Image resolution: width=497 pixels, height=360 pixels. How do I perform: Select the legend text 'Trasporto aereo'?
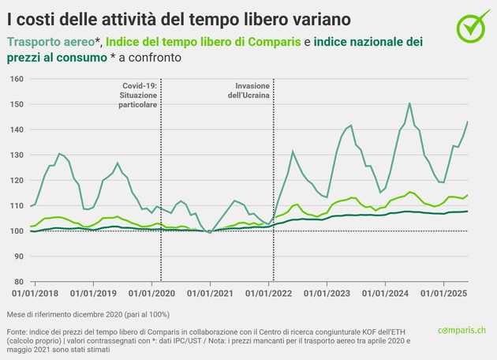(x=51, y=41)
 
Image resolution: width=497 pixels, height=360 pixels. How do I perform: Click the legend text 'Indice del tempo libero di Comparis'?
(x=203, y=41)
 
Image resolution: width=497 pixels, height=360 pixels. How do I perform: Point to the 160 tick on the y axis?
(x=17, y=79)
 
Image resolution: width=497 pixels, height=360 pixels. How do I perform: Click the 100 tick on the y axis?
(x=17, y=231)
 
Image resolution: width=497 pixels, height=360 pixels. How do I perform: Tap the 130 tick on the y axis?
(x=17, y=155)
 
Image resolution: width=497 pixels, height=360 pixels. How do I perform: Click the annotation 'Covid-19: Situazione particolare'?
(x=140, y=94)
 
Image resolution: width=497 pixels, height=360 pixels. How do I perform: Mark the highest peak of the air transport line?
(x=409, y=103)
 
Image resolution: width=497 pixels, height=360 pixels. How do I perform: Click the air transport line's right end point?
(x=468, y=122)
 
